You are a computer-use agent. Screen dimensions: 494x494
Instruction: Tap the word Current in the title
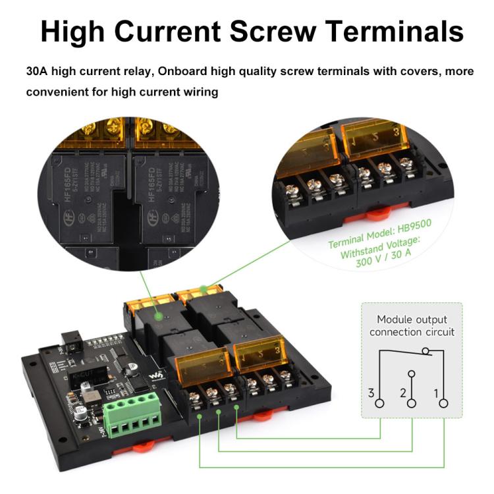(190, 32)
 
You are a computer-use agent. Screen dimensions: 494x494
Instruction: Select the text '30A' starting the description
(38, 71)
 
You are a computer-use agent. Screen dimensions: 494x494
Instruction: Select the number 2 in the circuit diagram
(402, 393)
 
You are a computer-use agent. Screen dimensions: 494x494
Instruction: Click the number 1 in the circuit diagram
(435, 393)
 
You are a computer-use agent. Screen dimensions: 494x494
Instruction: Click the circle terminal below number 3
(380, 403)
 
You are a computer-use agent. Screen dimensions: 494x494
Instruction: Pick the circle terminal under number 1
(443, 403)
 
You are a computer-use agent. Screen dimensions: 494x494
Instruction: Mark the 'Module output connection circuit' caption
(412, 325)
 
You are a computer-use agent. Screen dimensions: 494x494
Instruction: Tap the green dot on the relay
(158, 317)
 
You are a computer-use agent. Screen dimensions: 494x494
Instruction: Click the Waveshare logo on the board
(156, 375)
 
